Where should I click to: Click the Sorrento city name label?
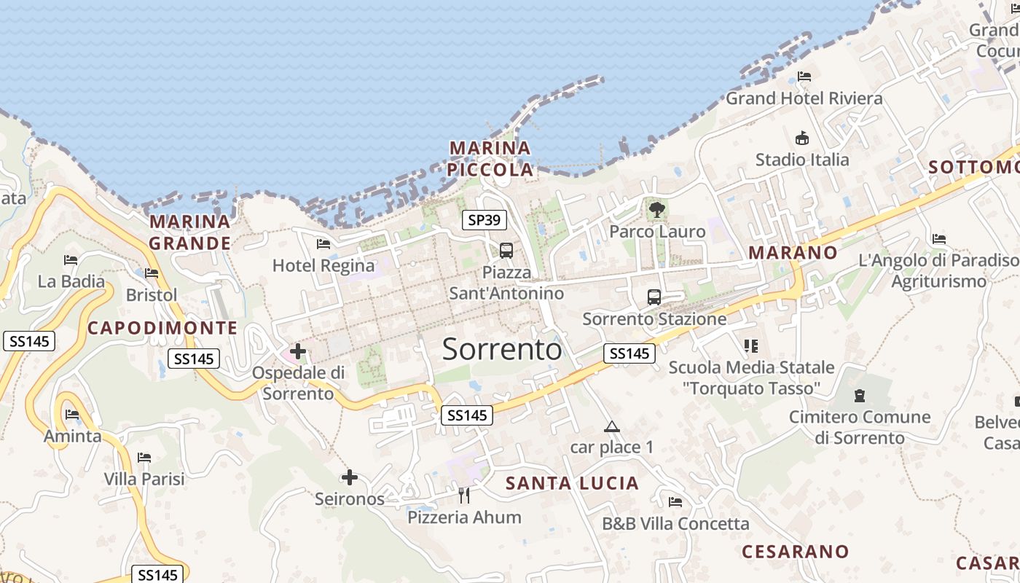[502, 350]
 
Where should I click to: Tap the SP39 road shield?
[484, 220]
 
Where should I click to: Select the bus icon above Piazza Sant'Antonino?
[506, 251]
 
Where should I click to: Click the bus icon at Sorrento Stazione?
[654, 297]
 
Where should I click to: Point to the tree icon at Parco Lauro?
[657, 210]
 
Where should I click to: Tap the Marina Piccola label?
[490, 159]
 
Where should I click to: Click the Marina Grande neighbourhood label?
[190, 232]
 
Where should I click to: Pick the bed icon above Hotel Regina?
[323, 244]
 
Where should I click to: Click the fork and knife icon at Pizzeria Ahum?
[464, 496]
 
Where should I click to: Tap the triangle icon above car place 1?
[611, 426]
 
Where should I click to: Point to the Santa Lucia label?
[572, 483]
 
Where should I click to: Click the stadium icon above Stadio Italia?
[802, 138]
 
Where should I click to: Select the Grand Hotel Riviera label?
[804, 98]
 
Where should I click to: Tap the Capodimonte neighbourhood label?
[162, 328]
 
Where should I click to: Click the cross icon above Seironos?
[350, 477]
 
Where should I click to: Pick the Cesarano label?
[796, 551]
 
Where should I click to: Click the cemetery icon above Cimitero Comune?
[860, 396]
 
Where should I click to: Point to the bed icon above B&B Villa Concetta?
[675, 502]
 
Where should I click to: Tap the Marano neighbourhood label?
[793, 253]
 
